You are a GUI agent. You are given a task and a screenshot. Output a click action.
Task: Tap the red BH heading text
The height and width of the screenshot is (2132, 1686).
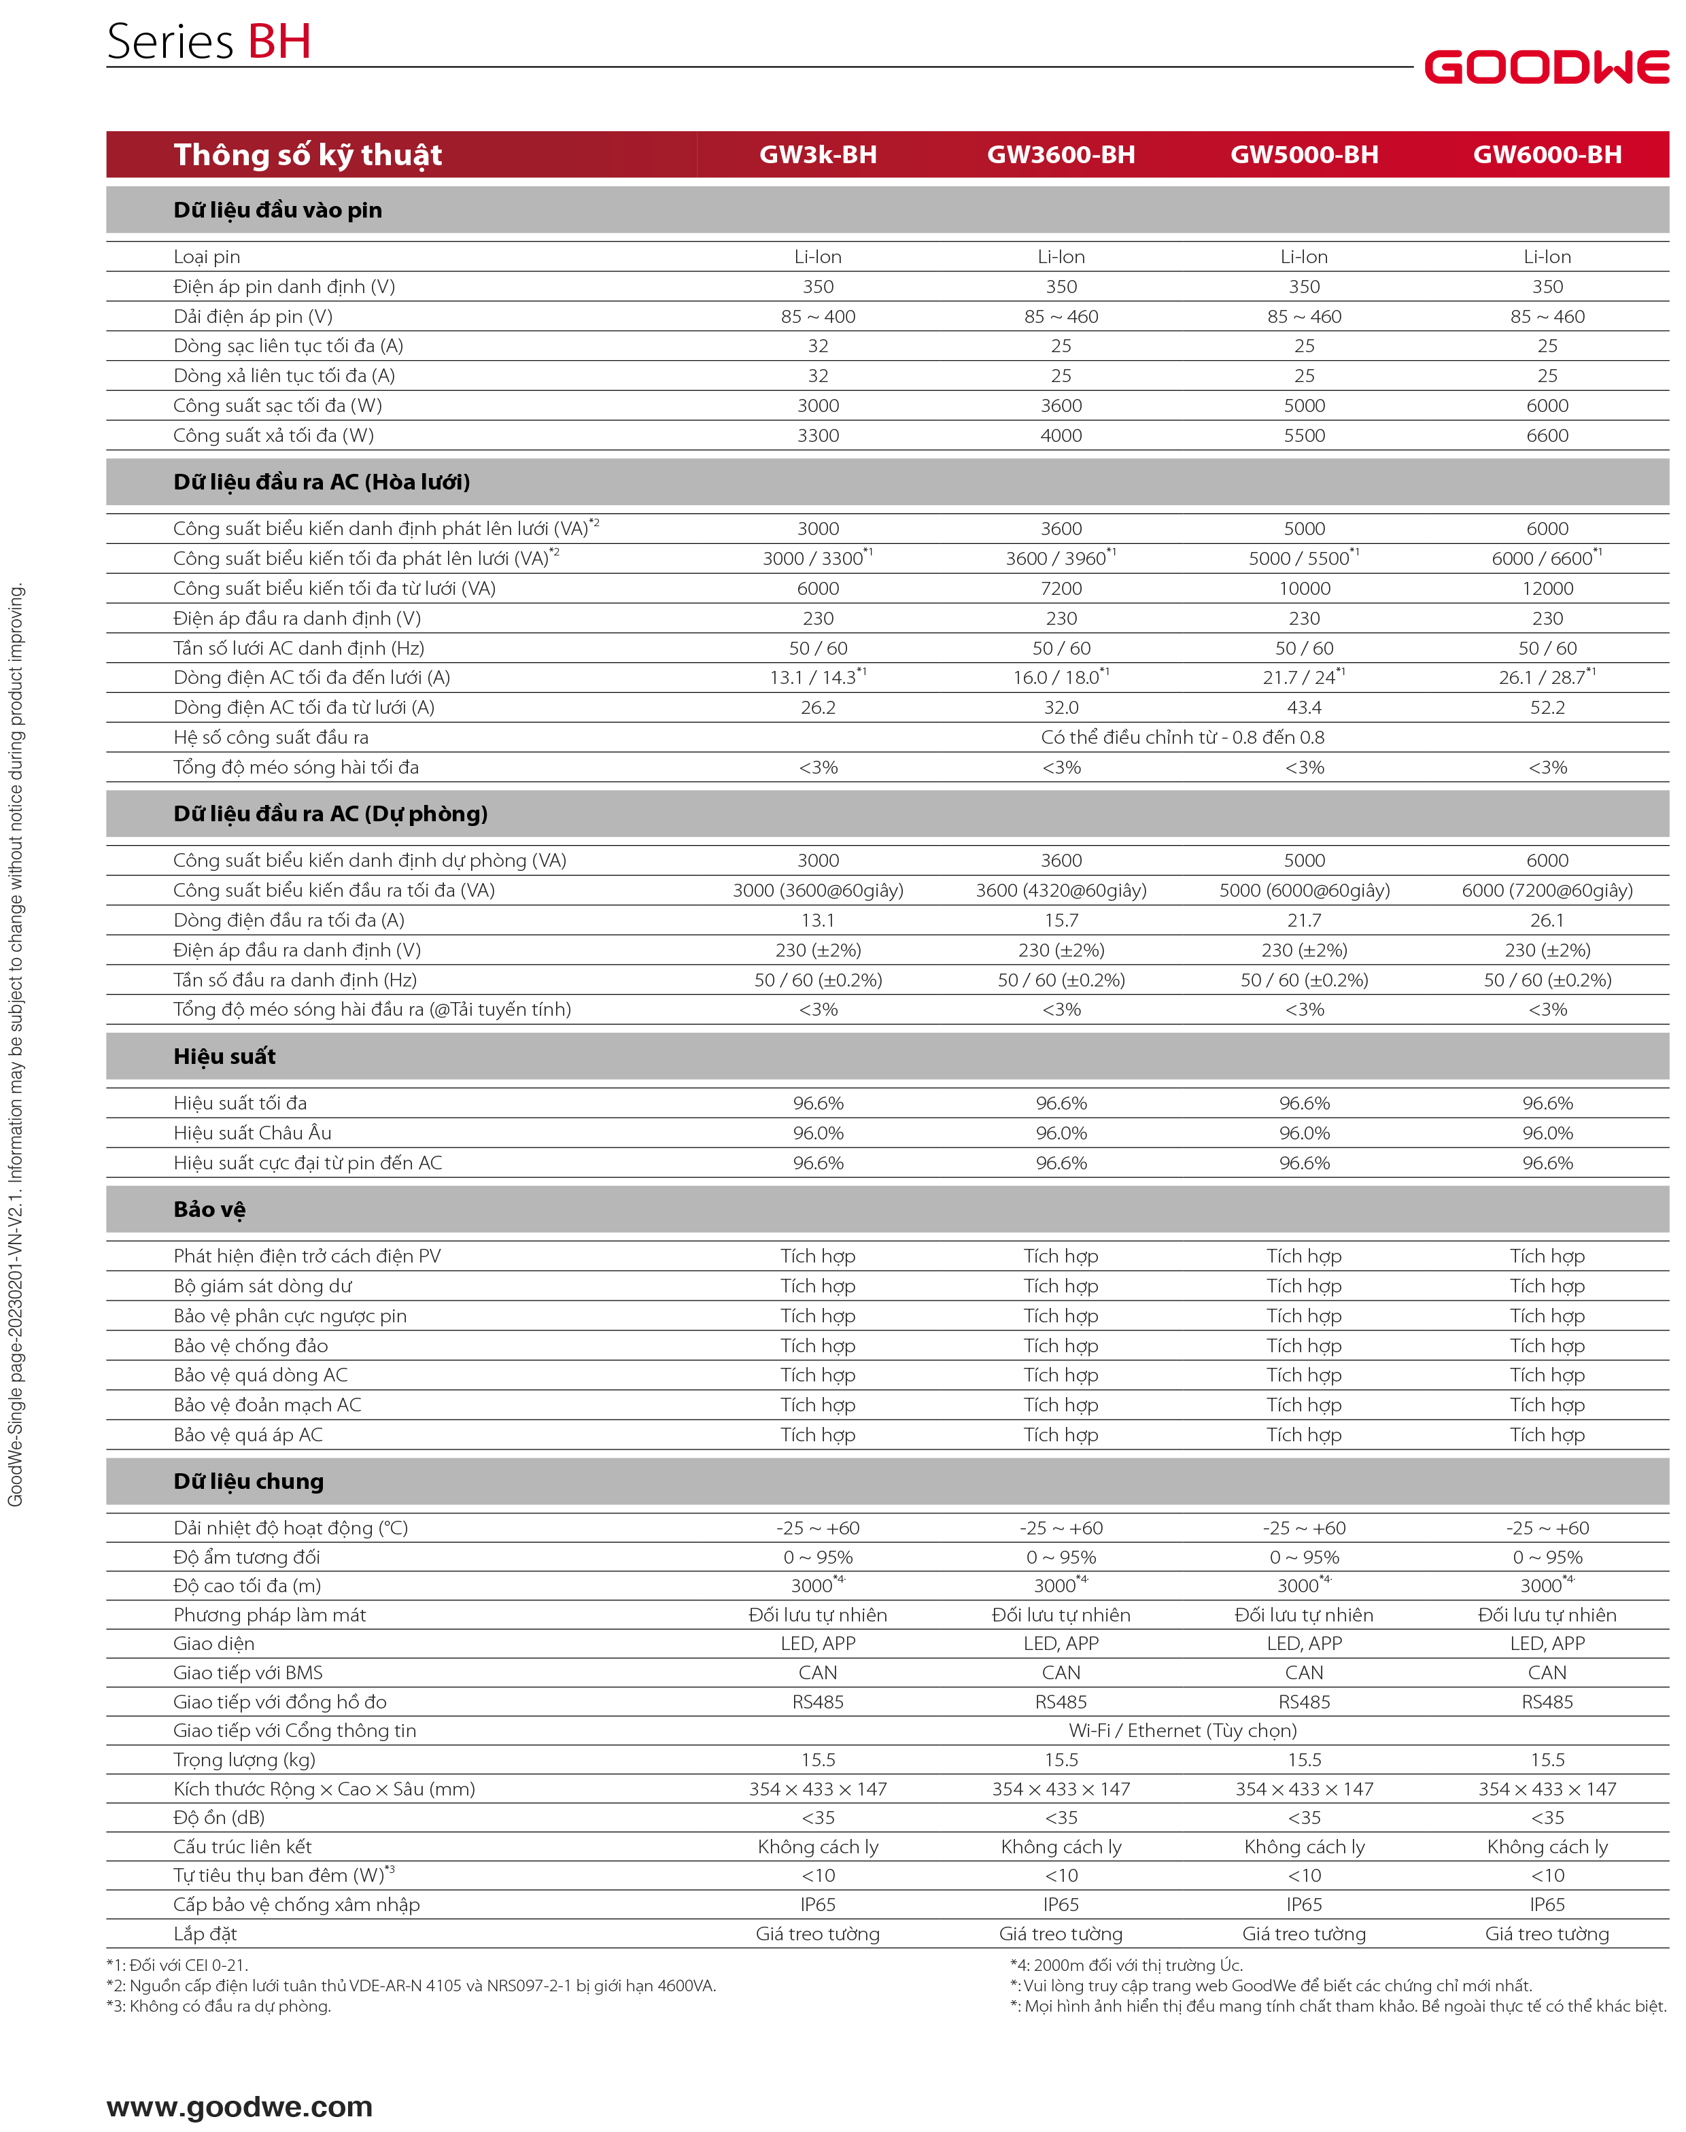click(279, 42)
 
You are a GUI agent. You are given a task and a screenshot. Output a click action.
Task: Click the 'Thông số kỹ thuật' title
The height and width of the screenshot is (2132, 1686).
click(307, 155)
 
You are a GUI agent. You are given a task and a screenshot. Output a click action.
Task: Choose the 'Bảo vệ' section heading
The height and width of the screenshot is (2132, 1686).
click(209, 1209)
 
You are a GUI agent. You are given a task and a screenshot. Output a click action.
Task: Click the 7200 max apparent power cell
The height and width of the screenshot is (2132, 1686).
click(1061, 588)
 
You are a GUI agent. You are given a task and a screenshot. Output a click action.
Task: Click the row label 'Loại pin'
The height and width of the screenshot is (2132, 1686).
click(206, 256)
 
